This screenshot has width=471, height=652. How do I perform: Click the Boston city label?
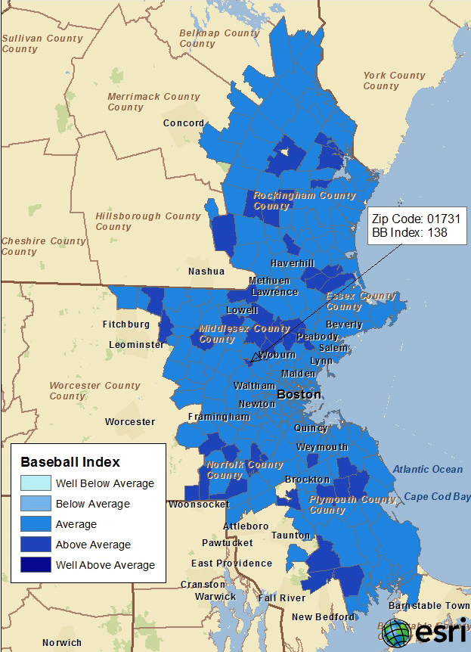(299, 395)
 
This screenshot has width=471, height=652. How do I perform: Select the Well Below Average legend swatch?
(31, 483)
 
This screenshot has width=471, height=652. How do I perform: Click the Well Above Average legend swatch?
(31, 564)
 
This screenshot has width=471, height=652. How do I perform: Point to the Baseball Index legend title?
(70, 461)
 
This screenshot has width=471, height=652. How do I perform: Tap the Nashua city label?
(206, 271)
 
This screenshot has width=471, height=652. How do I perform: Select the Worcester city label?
(130, 421)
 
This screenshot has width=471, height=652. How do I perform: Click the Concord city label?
(184, 123)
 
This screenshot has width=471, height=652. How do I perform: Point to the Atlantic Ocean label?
(427, 469)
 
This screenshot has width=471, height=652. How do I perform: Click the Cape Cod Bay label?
(437, 496)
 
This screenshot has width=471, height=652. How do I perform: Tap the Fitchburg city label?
(126, 324)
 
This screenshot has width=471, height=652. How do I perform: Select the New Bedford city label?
(324, 616)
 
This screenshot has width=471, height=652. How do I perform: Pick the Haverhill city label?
(293, 262)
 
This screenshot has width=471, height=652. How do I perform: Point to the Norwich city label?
(62, 643)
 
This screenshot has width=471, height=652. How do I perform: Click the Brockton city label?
(307, 480)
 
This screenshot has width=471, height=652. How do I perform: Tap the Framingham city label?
(218, 417)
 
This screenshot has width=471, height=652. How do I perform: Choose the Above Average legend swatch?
(31, 544)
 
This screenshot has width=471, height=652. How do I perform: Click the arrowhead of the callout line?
(255, 358)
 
